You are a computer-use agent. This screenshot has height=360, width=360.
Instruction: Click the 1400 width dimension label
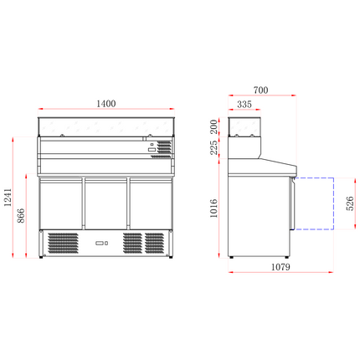pyautogui.click(x=105, y=103)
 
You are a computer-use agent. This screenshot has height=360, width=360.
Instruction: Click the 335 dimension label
pyautogui.click(x=245, y=105)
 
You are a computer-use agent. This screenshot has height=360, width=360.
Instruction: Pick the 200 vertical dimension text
pyautogui.click(x=216, y=126)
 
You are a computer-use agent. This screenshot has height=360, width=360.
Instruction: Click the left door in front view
pyautogui.click(x=63, y=203)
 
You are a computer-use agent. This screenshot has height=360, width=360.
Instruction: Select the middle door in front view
pyautogui.click(x=106, y=203)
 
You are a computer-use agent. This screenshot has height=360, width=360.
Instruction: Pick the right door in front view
pyautogui.click(x=149, y=203)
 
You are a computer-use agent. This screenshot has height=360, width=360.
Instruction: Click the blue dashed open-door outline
pyautogui.click(x=313, y=204)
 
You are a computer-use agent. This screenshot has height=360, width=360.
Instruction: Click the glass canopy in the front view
pyautogui.click(x=105, y=126)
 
